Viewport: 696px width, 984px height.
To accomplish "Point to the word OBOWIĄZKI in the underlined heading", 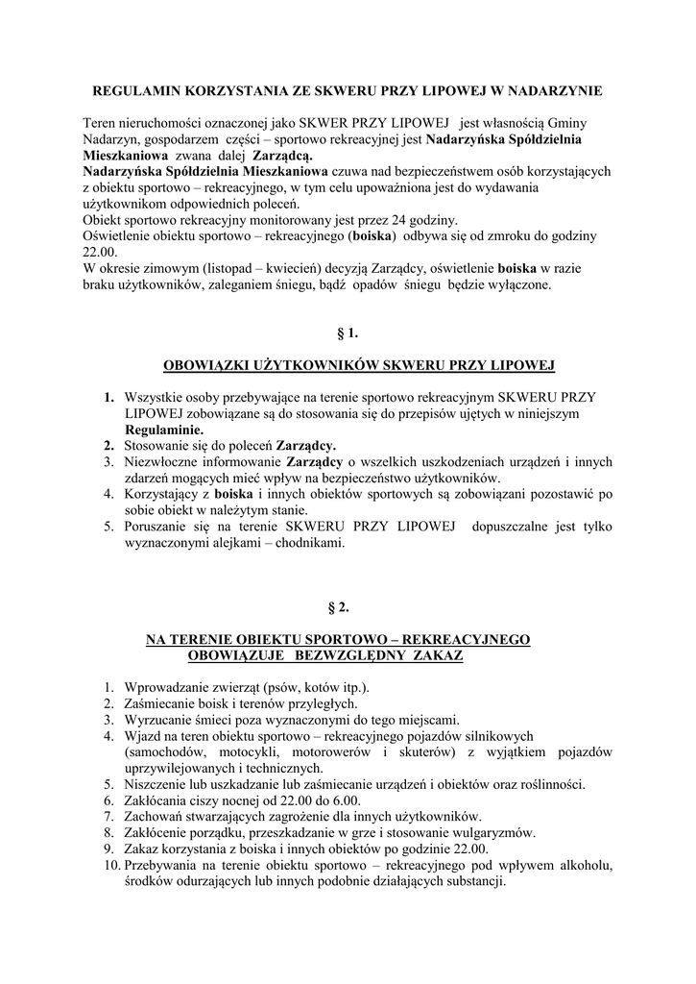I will click(206, 365).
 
